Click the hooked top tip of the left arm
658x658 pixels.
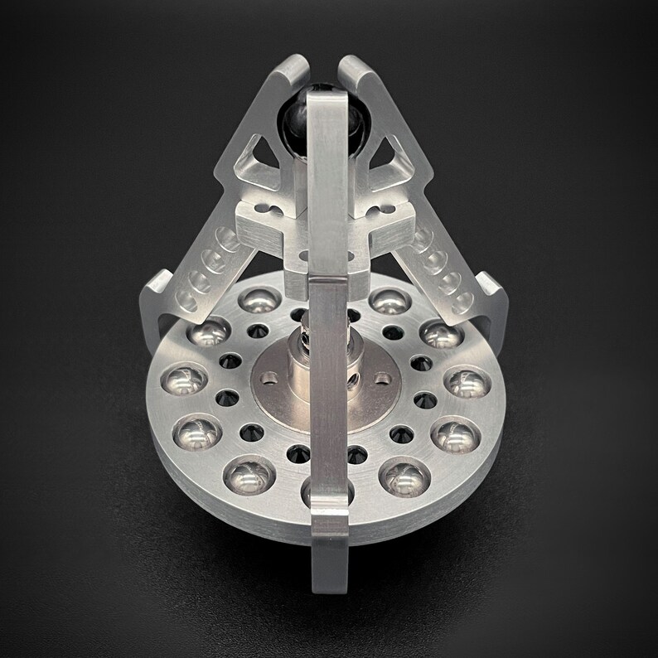(x=292, y=70)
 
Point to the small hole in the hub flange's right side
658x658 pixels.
(x=382, y=378)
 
